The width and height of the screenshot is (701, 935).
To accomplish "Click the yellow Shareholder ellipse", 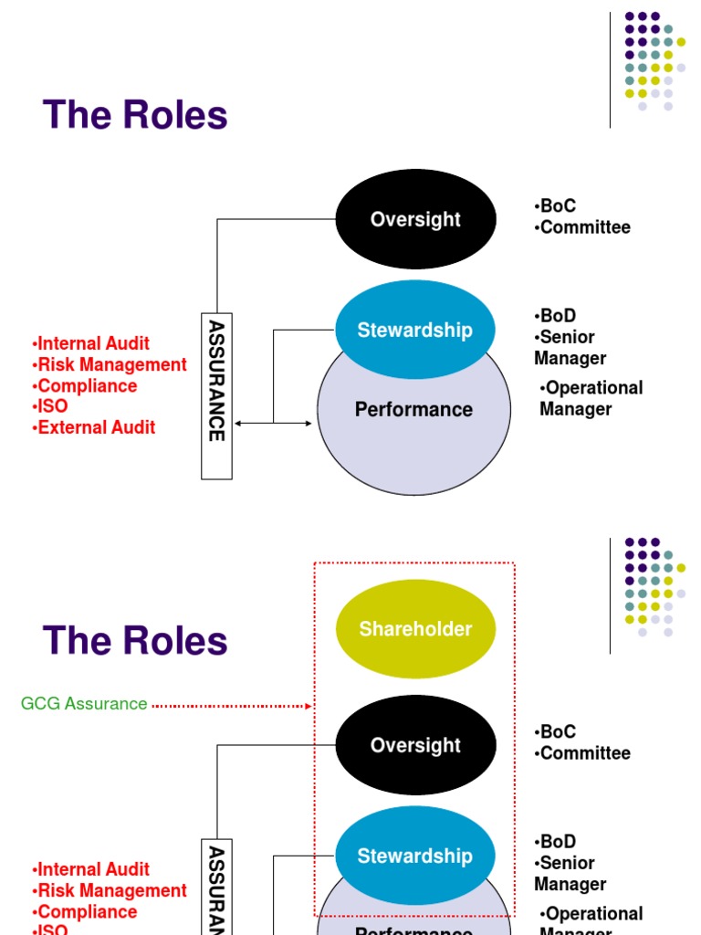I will tap(416, 628).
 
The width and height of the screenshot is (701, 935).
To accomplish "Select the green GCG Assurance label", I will tap(84, 704).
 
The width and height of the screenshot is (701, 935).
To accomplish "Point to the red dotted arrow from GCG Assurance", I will tap(232, 705).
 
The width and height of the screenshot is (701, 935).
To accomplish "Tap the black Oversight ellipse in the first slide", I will tap(416, 219).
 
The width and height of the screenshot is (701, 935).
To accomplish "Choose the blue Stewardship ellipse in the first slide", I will tap(416, 330).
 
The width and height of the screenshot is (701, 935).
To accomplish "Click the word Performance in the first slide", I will tap(414, 409).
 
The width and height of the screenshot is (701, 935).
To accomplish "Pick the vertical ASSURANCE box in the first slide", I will tap(216, 395).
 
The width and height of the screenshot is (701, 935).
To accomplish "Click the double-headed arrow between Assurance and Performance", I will tap(274, 423).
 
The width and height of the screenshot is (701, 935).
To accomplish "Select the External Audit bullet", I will tap(94, 427).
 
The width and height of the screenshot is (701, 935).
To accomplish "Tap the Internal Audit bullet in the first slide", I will tap(91, 343).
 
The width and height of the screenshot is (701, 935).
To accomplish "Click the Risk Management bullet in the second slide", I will tap(110, 890).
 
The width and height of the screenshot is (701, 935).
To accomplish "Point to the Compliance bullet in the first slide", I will tap(85, 385).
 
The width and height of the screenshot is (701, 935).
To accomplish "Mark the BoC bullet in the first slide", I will tap(556, 206).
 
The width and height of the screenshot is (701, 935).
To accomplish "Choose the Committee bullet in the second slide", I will tap(583, 753).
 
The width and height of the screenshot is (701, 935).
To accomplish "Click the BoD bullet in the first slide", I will tap(556, 316).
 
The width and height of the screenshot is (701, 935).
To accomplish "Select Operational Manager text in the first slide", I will tap(591, 398).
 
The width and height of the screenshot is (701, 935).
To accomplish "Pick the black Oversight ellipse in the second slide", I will tap(416, 745).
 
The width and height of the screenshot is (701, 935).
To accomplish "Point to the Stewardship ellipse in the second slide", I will tap(416, 856).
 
